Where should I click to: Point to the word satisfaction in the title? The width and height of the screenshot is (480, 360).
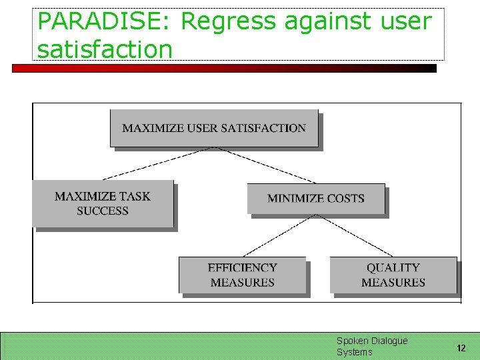105,49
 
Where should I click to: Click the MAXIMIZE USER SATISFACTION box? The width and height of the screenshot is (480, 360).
214,128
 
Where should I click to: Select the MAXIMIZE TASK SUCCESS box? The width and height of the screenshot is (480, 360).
103,203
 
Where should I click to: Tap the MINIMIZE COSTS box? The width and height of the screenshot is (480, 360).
315,198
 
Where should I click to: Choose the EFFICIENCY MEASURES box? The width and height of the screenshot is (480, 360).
242,275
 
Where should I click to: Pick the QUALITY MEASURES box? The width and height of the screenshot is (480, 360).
393,275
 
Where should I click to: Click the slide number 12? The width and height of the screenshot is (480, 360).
461,348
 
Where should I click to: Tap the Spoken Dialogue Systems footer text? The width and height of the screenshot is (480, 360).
371,346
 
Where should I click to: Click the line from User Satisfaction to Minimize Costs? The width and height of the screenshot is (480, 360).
267,165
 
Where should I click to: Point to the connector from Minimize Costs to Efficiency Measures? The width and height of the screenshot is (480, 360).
279,235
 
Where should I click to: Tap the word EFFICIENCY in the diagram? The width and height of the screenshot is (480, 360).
242,267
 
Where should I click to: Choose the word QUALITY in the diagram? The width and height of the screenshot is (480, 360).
393,267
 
